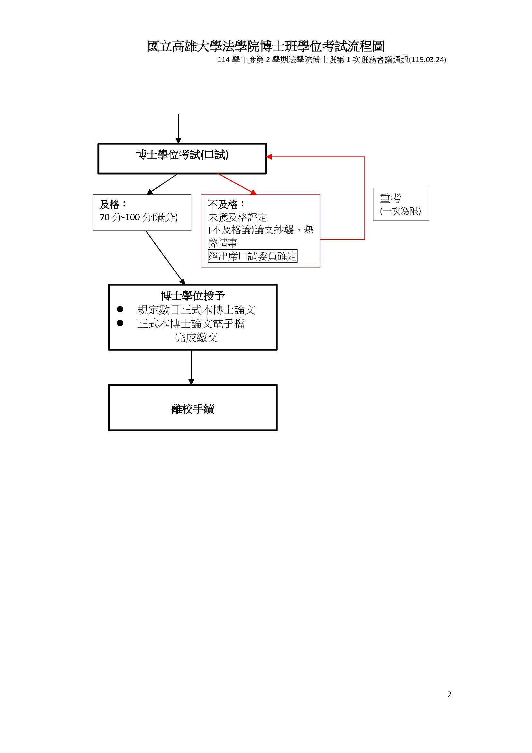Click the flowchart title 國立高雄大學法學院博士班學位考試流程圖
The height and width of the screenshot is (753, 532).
point(265,46)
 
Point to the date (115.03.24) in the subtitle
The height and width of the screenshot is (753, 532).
point(427,60)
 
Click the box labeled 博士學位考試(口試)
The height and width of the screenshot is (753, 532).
point(182,158)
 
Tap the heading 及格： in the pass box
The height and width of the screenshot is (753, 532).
point(113,204)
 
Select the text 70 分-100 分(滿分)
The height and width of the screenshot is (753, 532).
point(139,217)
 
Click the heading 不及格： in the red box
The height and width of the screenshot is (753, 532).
point(226,204)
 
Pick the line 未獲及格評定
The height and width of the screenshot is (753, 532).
point(237,217)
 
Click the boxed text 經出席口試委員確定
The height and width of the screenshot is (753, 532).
point(252,256)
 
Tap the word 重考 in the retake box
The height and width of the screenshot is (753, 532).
point(390,198)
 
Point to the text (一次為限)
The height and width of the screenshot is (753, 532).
point(400,211)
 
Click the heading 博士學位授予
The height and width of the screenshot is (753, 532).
point(193,296)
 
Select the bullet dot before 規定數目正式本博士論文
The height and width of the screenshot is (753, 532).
point(120,309)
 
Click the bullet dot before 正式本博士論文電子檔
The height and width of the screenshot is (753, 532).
point(120,323)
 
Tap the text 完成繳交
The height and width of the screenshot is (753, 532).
point(196,337)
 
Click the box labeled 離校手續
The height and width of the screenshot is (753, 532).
point(193,407)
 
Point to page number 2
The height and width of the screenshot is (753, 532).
point(449,694)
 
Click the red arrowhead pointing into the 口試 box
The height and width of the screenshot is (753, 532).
point(269,157)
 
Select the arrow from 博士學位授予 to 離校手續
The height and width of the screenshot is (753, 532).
point(191,367)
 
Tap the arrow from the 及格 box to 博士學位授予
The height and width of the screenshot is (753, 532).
point(165,258)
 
